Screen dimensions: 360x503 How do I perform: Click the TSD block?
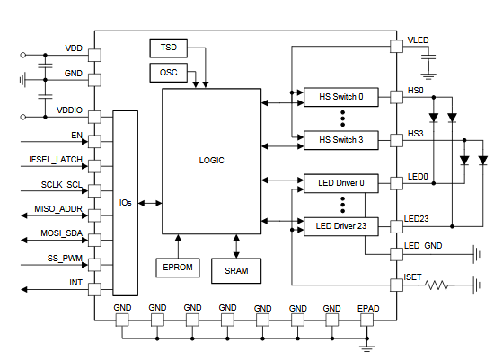click(x=169, y=47)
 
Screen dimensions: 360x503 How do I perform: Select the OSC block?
click(x=169, y=72)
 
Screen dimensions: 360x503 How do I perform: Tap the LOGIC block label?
click(x=211, y=161)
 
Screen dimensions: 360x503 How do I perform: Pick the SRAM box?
click(x=237, y=269)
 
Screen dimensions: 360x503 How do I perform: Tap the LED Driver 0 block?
click(x=341, y=183)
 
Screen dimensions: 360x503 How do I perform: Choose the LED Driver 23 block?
click(x=341, y=226)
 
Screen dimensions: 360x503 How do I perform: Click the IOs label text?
click(x=125, y=203)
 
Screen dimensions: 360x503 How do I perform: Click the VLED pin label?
click(x=418, y=40)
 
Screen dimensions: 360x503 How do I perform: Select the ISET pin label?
click(x=416, y=277)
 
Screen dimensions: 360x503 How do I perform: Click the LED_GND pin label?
click(x=423, y=246)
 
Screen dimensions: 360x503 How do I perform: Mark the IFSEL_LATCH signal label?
click(x=55, y=159)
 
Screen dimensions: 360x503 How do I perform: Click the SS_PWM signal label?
click(x=66, y=259)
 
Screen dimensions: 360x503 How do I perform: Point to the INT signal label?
click(x=76, y=283)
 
